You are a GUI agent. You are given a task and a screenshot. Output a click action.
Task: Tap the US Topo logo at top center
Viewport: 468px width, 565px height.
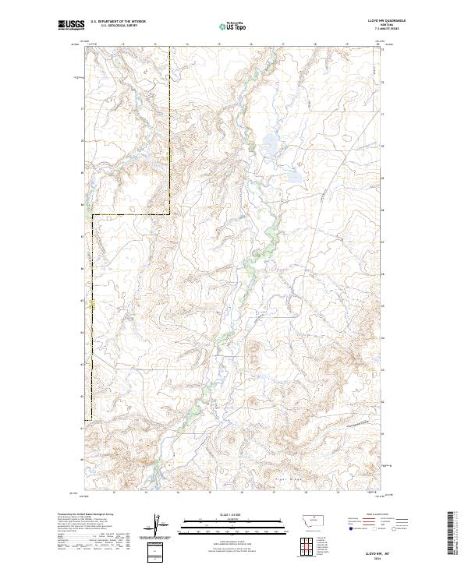coord(233,26)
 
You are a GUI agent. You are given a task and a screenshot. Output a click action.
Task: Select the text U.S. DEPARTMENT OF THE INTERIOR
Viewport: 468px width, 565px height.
coord(118,21)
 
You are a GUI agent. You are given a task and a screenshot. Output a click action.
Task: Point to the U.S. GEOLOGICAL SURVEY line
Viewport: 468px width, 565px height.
coord(118,26)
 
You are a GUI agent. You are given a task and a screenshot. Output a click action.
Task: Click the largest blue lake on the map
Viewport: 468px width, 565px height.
coord(271,142)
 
